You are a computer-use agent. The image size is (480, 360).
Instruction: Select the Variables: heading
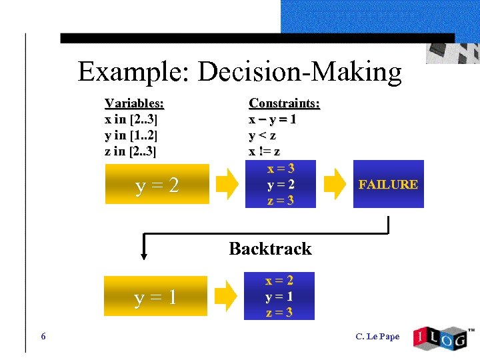click(134, 103)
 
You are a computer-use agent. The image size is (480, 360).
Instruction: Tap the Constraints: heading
click(284, 103)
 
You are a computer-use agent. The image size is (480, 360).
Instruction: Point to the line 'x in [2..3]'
click(131, 119)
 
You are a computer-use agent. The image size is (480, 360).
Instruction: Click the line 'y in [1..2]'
click(131, 135)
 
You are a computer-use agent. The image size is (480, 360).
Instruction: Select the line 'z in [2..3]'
click(131, 151)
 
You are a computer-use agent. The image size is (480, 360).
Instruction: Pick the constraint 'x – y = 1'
click(273, 119)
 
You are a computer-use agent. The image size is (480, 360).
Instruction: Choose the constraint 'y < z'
click(263, 135)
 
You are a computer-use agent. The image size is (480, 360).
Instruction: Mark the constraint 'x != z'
click(265, 151)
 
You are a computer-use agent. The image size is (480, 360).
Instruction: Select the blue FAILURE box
click(388, 184)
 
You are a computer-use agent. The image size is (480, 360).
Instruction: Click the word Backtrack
click(270, 249)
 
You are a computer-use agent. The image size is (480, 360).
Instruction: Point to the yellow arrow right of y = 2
click(228, 185)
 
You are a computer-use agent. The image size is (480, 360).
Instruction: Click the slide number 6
click(43, 336)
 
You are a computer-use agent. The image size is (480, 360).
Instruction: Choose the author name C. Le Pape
click(378, 336)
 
